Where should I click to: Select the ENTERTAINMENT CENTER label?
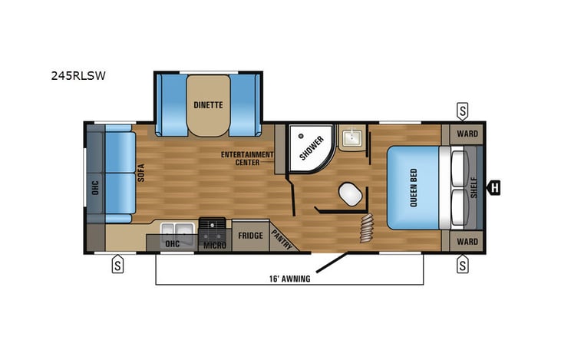click(247, 158)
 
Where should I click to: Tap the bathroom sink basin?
click(354, 138)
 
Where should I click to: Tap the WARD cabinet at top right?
click(467, 134)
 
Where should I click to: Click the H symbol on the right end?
click(495, 186)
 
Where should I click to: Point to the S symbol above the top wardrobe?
click(463, 110)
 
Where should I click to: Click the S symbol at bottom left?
click(117, 266)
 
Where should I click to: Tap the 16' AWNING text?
click(289, 279)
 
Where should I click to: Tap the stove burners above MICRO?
click(212, 226)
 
